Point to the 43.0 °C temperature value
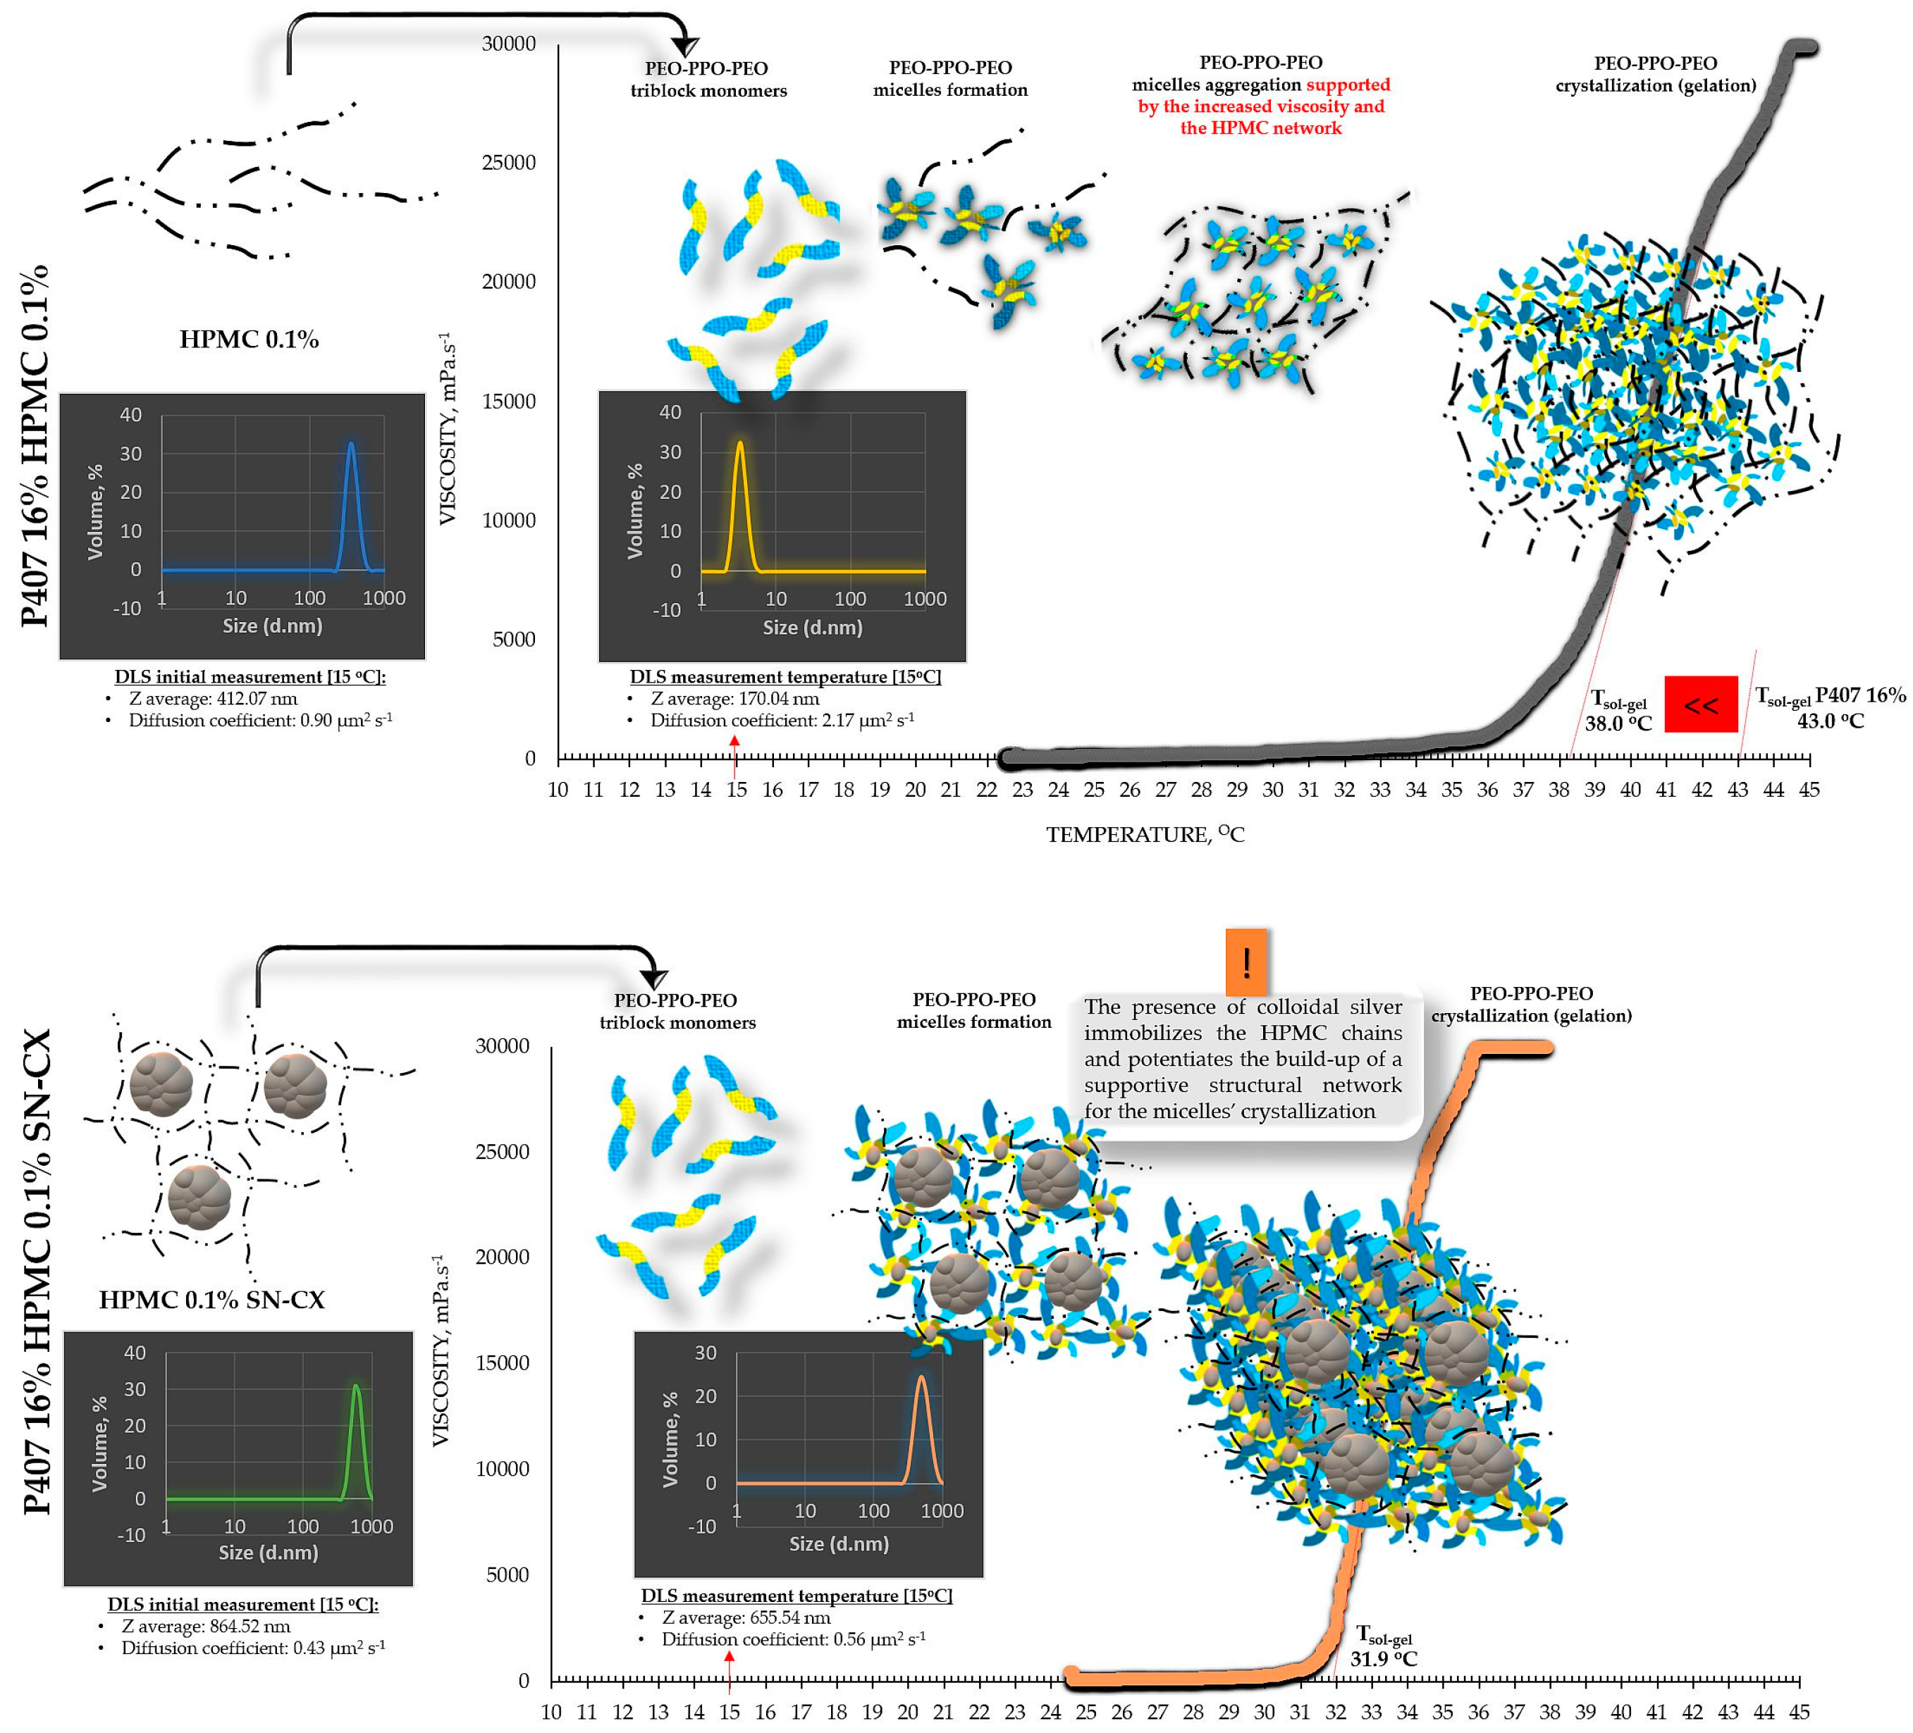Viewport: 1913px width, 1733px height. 1830,721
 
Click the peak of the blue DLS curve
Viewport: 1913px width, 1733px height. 351,444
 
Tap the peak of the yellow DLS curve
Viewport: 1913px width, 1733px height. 739,443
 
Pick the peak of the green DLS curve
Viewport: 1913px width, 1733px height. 356,1387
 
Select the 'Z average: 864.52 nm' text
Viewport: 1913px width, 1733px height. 205,1627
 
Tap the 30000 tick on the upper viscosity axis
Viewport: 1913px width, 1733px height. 509,44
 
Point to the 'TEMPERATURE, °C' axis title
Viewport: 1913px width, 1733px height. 1145,834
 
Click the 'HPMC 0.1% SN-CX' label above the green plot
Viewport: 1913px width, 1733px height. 211,1300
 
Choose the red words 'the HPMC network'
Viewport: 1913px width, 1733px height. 1260,128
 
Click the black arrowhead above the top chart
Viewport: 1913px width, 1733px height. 685,46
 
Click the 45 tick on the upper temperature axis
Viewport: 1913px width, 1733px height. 1809,789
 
